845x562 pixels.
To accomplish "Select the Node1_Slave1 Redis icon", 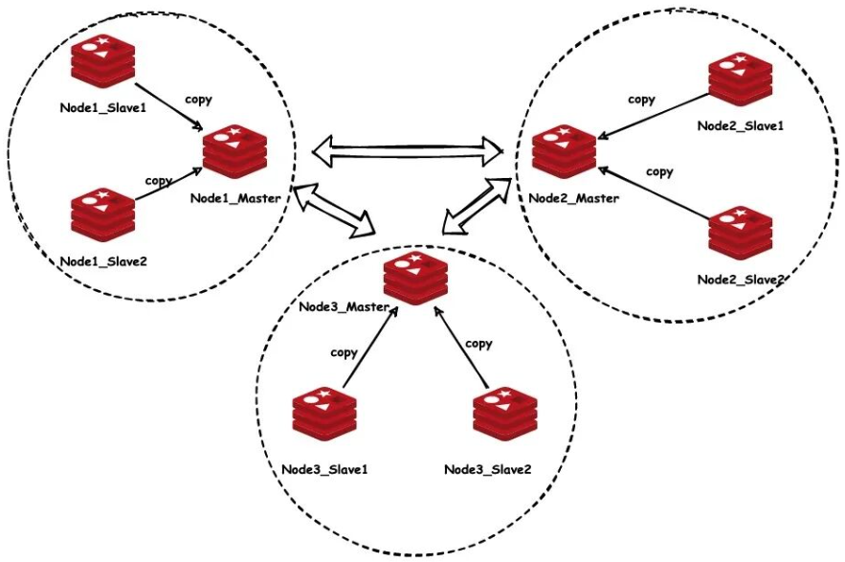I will click(104, 63).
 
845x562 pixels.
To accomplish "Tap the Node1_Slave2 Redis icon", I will click(103, 216).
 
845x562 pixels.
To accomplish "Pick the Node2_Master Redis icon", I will click(565, 153).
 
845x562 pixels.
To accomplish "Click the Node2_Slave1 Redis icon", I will click(739, 83).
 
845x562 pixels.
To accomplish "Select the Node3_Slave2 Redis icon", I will click(503, 417).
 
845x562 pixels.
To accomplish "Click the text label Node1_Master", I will click(235, 198).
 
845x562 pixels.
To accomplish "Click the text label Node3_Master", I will click(343, 307).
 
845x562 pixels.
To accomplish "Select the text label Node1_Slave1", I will click(102, 107).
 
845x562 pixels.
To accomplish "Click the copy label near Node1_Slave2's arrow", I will click(158, 180).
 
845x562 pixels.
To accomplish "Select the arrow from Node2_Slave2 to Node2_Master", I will click(653, 196).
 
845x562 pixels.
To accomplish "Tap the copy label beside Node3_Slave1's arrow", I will click(344, 352).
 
